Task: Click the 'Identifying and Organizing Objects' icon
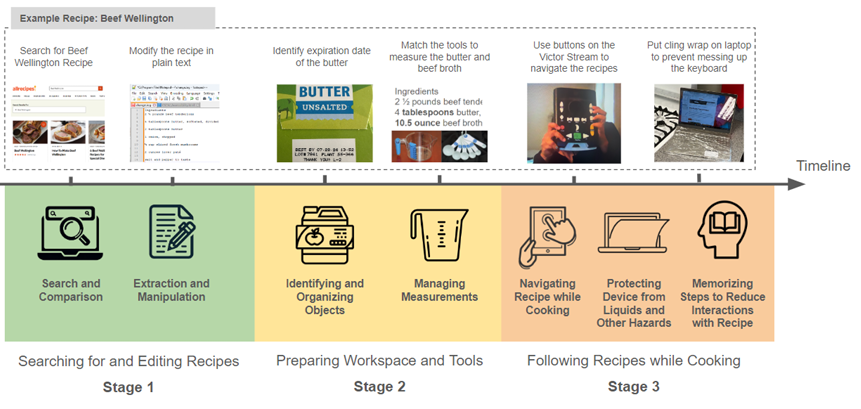[325, 238]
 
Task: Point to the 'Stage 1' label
[129, 386]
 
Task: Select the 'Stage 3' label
[633, 386]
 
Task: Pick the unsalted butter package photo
[324, 122]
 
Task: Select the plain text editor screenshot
[172, 122]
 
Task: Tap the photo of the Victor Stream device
[573, 122]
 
